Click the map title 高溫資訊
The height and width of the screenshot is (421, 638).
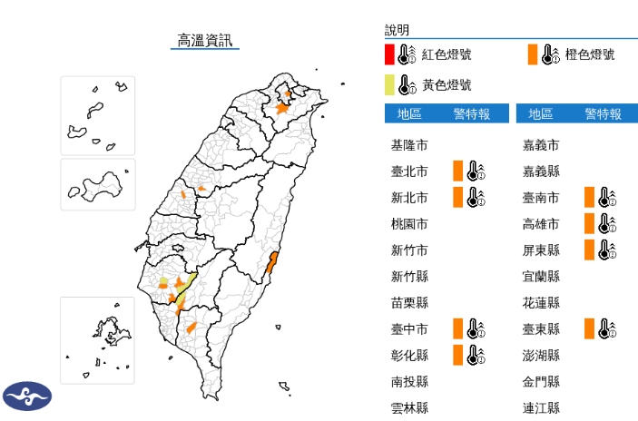[x=204, y=40]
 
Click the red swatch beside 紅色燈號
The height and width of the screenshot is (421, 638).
[x=388, y=54]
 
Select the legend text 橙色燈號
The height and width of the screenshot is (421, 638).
[x=589, y=54]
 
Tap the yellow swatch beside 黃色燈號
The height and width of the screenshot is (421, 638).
[x=388, y=85]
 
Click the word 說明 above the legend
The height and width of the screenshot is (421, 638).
[x=397, y=30]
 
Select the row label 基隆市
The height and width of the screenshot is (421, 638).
[x=409, y=145]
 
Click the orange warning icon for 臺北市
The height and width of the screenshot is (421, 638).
[x=468, y=171]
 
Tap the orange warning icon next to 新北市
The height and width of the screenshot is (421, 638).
[x=468, y=198]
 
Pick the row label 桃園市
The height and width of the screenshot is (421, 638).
[x=409, y=224]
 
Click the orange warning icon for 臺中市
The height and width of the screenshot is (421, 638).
[x=468, y=328]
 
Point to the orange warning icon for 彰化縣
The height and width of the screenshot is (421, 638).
[x=468, y=355]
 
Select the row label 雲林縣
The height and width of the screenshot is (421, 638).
[x=409, y=407]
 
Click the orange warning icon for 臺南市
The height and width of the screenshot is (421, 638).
[x=600, y=198]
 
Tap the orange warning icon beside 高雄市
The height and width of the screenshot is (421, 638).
[x=600, y=224]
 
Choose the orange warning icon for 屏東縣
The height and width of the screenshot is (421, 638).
[x=600, y=250]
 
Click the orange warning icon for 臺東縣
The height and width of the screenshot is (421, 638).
[x=600, y=328]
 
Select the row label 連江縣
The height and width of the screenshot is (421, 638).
[x=541, y=407]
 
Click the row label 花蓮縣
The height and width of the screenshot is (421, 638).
[x=541, y=302]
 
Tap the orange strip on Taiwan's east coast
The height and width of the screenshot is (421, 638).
[x=271, y=264]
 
